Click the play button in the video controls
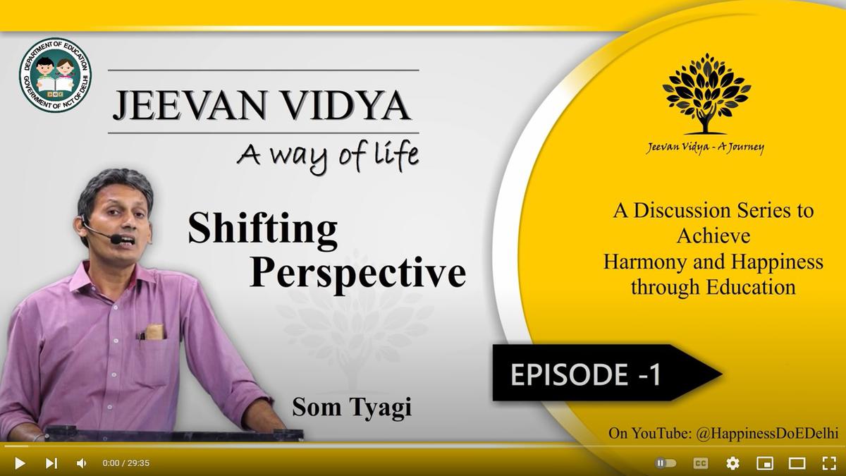20,463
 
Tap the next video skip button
51,463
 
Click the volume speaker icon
81,463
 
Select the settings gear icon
732,463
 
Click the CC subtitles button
701,463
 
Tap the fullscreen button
829,463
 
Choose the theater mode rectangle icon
797,463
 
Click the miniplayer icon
765,463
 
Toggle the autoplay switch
666,463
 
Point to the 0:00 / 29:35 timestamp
125,463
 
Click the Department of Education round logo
56,75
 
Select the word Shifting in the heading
262,228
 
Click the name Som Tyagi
352,408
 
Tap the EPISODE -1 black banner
607,373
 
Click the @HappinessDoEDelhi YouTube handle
767,433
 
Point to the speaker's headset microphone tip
116,239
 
